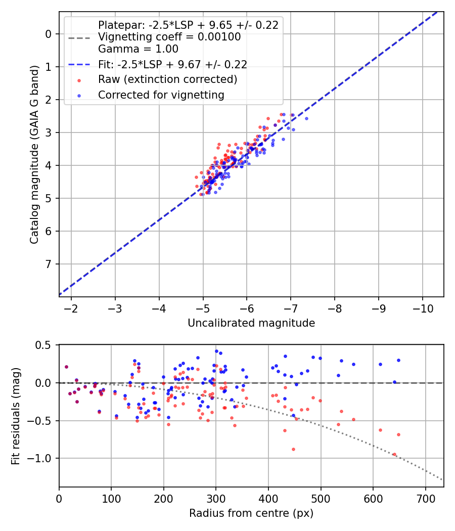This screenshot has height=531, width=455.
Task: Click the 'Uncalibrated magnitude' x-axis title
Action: pos(251,323)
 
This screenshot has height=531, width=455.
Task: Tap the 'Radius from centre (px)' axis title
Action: pos(251,513)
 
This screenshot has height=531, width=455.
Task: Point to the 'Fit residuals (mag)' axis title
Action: pos(16,416)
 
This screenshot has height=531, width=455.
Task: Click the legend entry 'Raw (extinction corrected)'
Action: pos(167,79)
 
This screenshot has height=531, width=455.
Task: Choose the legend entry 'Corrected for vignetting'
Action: pos(161,95)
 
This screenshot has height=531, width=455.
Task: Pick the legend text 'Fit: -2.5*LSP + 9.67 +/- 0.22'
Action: pos(172,64)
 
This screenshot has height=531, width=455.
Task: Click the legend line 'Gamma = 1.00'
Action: pos(138,49)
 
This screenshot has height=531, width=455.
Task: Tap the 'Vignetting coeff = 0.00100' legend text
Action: pos(169,37)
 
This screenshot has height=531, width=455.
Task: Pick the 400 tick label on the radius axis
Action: pos(268,499)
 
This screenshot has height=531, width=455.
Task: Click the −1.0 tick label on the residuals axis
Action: pos(40,458)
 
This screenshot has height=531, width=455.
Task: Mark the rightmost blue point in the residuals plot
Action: pos(398,360)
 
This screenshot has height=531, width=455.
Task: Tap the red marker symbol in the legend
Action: pos(79,80)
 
